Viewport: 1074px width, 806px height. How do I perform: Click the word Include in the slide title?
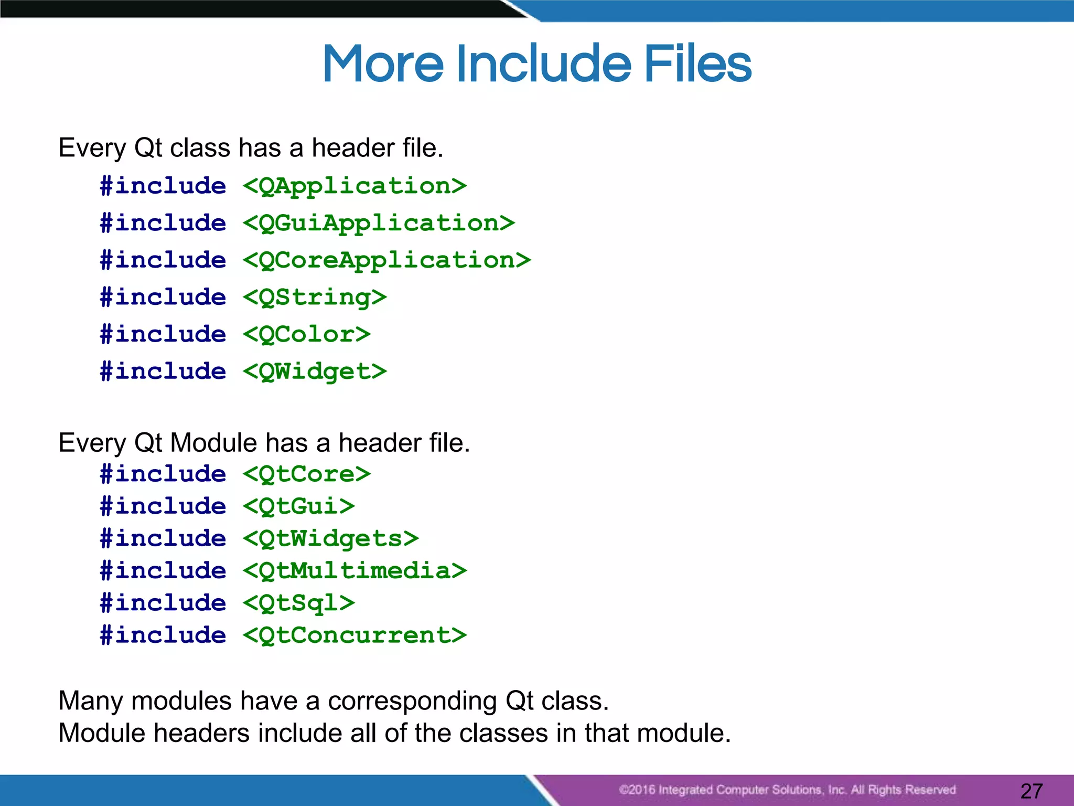coord(544,63)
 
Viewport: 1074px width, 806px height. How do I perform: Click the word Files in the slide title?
coord(697,63)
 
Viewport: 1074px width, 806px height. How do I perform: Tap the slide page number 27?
coord(1032,790)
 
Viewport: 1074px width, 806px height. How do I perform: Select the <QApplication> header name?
coord(355,186)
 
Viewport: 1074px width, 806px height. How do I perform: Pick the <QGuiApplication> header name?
coord(379,224)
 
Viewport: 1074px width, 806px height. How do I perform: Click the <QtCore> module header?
coord(307,474)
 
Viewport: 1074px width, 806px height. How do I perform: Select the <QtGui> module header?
coord(299,506)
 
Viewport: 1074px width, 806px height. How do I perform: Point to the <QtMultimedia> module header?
coord(355,571)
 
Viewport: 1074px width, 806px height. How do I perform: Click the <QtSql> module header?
coord(299,603)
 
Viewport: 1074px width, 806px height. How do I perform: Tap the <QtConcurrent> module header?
coord(355,635)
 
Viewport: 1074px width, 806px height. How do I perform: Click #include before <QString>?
coord(163,298)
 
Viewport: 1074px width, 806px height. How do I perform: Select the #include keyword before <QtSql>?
coord(163,603)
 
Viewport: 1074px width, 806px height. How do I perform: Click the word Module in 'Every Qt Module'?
coord(213,443)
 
